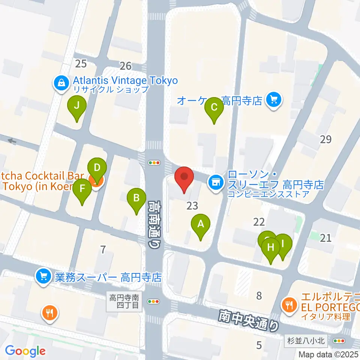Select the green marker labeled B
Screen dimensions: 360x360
pos(137,198)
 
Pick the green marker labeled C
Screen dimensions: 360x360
pos(214,107)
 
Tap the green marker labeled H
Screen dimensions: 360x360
pos(271,248)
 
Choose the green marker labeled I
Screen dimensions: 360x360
pos(283,243)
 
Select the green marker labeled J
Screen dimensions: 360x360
pos(76,106)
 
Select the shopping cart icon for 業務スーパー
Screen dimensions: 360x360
pos(43,277)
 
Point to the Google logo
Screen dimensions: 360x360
pos(25,351)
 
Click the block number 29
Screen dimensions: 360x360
pos(326,139)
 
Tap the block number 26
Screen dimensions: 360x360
pos(126,66)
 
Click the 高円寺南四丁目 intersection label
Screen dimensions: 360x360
pos(125,301)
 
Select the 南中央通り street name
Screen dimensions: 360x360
pos(249,319)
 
